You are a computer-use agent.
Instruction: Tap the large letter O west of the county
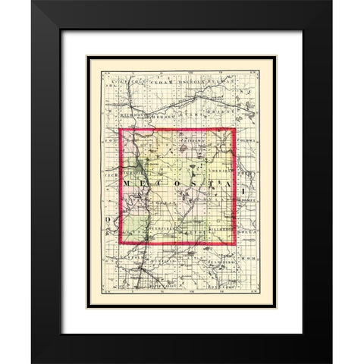pos(108,218)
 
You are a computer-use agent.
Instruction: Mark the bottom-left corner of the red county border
pos(120,244)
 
